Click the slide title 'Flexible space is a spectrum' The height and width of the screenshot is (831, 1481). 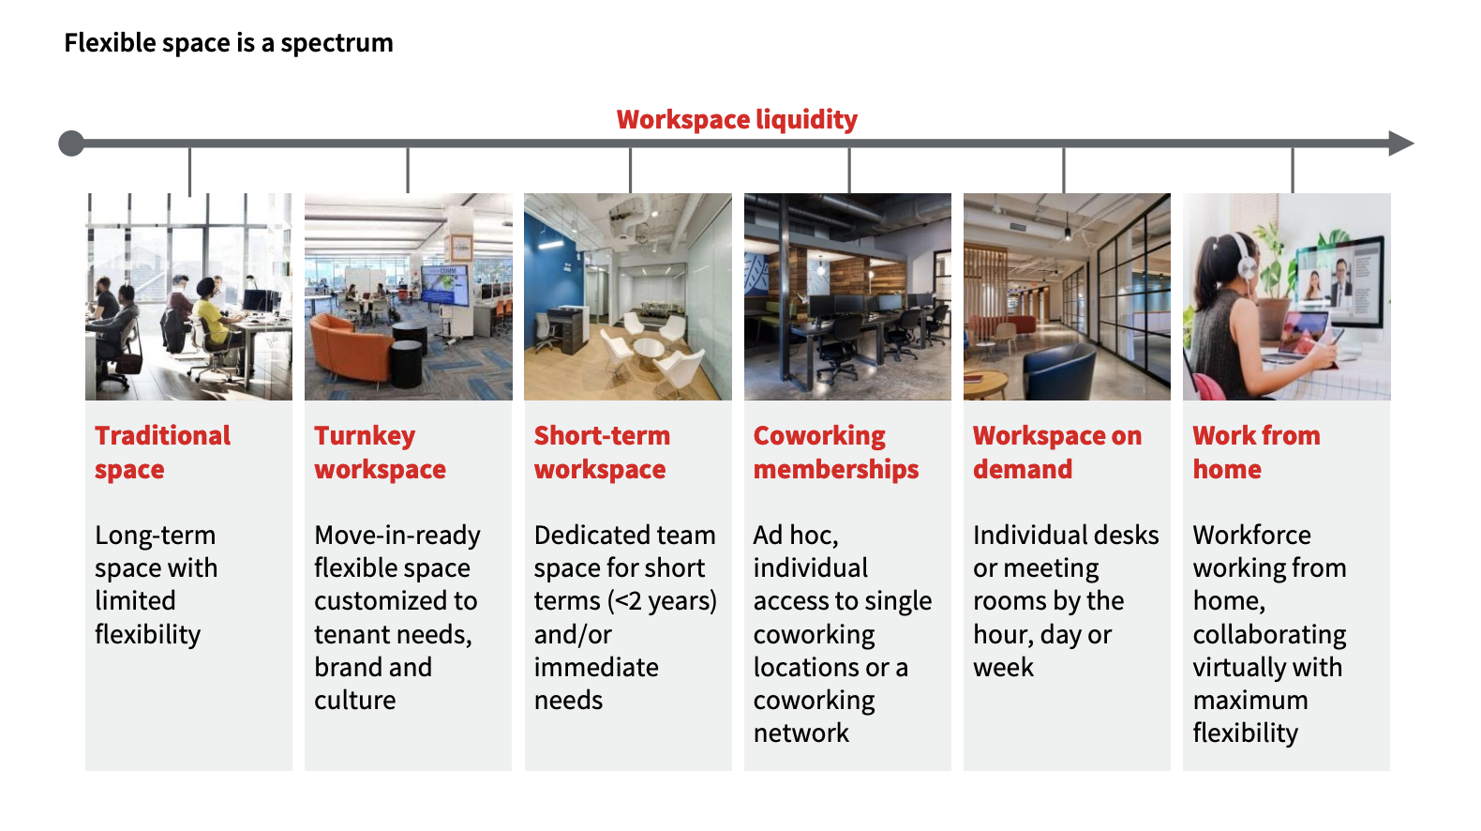point(229,43)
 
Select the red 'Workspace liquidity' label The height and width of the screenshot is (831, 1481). point(737,120)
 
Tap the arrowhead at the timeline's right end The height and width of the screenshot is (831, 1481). point(1401,143)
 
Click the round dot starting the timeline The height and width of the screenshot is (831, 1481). point(71,143)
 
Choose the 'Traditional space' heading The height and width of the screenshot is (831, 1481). point(163,453)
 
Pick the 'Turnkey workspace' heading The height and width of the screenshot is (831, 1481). point(381,453)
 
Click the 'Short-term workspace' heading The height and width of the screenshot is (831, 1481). point(602,453)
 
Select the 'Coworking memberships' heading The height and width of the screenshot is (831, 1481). point(836,453)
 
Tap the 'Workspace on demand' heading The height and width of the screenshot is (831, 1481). point(1057,453)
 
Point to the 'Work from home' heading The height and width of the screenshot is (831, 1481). point(1256,453)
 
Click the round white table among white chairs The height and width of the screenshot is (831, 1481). point(648,349)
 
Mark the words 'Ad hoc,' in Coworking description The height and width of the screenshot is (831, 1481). point(796,536)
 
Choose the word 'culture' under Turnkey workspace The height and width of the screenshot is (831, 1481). point(355,700)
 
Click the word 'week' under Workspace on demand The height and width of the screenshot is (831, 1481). point(1003,667)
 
